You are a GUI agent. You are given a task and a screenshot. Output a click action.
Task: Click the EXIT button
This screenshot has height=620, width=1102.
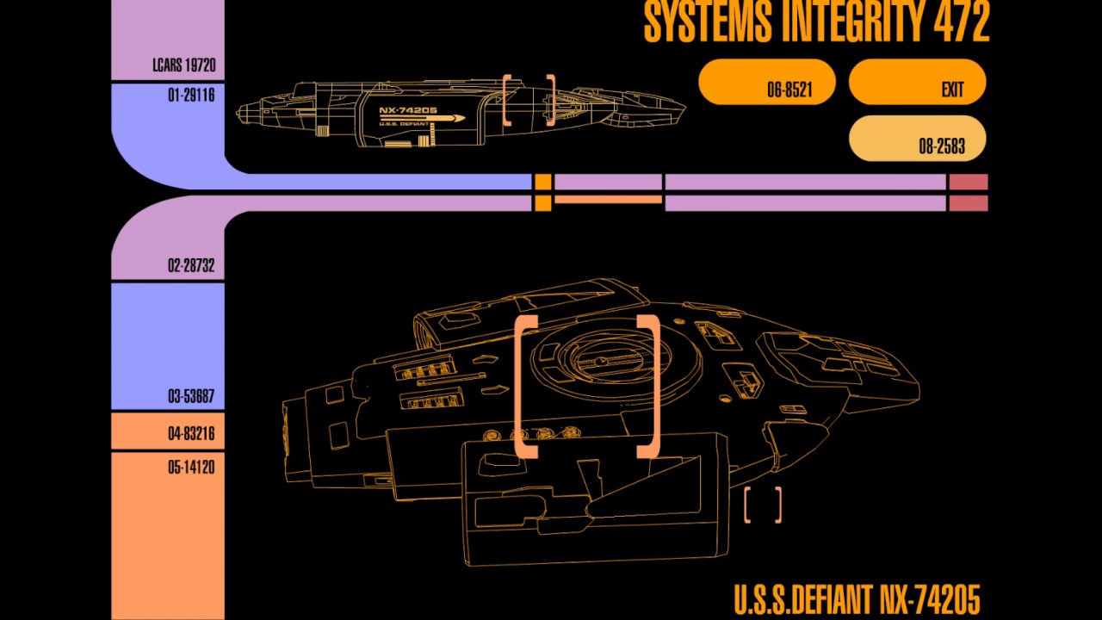[918, 83]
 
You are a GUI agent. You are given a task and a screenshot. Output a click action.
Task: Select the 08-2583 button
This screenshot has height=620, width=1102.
[918, 139]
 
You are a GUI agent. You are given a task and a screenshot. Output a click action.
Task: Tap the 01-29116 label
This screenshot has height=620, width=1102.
[190, 96]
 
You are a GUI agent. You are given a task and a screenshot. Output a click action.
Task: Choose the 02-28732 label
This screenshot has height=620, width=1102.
[190, 265]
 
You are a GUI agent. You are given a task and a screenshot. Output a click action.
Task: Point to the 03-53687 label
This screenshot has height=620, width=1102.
[190, 397]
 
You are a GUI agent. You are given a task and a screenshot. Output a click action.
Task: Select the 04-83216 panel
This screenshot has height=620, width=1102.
[168, 431]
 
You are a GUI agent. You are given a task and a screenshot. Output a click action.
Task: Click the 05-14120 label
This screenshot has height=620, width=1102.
[190, 468]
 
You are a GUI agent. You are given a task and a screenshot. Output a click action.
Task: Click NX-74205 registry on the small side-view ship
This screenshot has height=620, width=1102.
[408, 111]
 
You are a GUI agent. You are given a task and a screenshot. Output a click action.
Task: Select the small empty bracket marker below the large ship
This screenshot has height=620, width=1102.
[763, 505]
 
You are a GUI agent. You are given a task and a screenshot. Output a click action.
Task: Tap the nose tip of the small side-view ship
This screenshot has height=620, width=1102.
[684, 109]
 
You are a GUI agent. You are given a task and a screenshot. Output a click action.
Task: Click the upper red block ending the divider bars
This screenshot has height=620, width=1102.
[968, 183]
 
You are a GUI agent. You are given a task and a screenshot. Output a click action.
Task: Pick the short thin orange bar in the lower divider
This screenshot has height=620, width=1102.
[608, 200]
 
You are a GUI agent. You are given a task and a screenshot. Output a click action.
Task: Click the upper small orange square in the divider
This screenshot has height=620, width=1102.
[542, 183]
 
